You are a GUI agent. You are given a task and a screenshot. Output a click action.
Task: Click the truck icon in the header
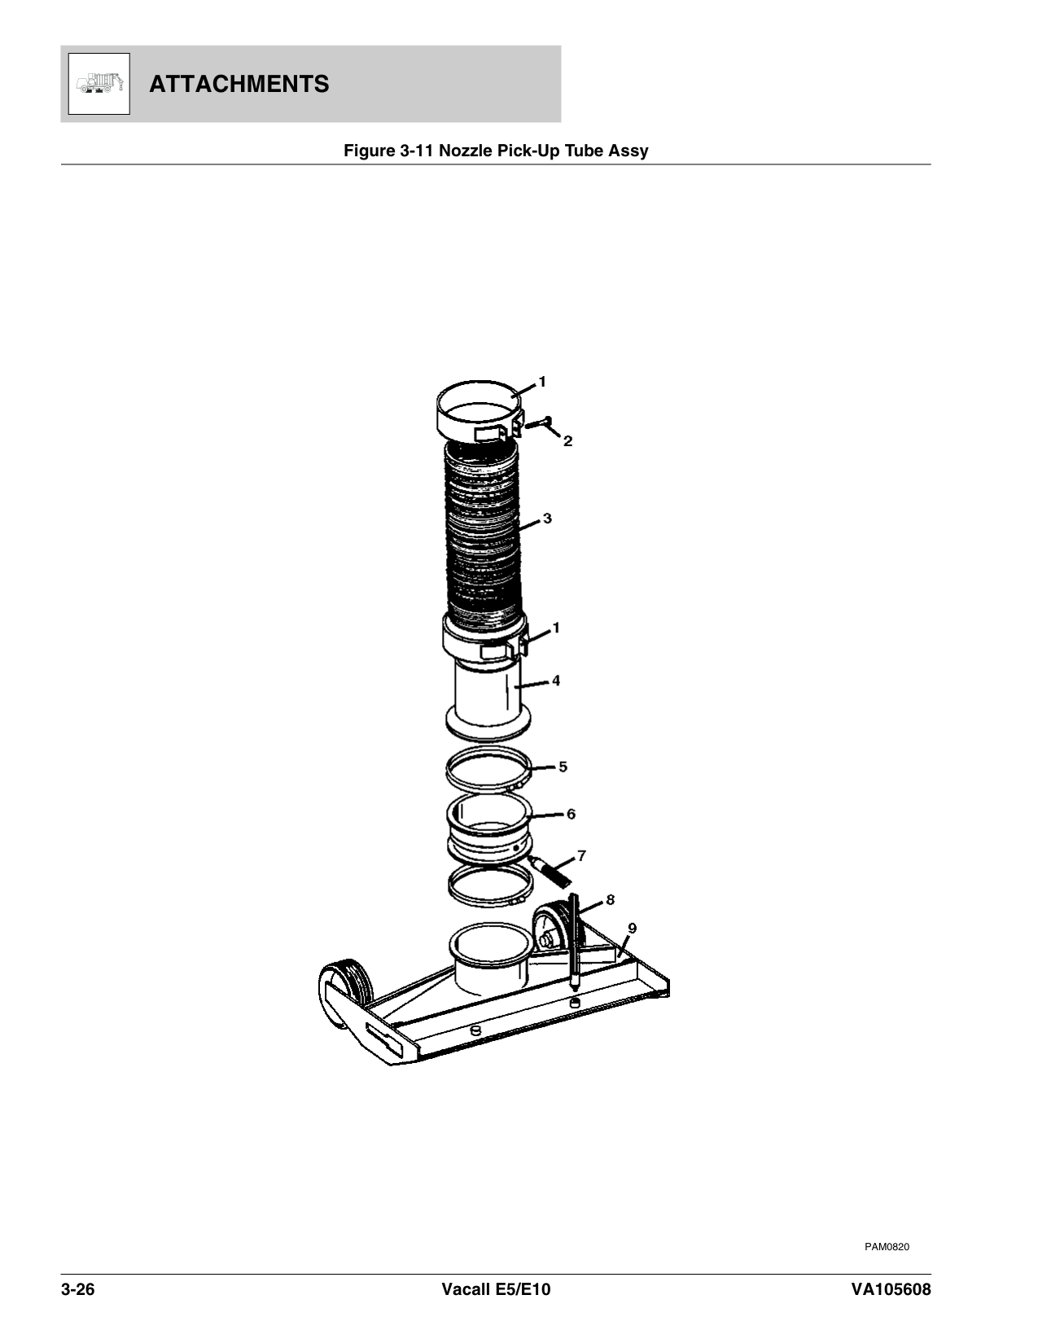click(x=99, y=84)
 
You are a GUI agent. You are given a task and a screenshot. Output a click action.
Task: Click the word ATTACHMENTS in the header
click(x=239, y=84)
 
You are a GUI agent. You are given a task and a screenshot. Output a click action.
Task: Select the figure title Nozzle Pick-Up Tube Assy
click(x=496, y=151)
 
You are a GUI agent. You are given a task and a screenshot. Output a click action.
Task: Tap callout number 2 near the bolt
click(x=567, y=441)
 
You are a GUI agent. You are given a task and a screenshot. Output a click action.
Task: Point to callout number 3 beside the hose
click(x=547, y=518)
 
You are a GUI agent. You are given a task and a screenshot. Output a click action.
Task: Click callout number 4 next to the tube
click(x=555, y=680)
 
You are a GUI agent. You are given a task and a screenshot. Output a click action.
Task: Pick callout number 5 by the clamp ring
click(x=563, y=767)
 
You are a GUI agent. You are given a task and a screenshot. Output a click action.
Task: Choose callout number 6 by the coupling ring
click(x=571, y=814)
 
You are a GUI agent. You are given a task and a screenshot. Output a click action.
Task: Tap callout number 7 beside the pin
click(x=581, y=855)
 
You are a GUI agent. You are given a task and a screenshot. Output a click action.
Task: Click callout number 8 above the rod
click(x=610, y=899)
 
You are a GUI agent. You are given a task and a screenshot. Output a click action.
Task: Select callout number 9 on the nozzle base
click(x=633, y=928)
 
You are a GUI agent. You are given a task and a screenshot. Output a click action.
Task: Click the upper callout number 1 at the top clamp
click(x=542, y=381)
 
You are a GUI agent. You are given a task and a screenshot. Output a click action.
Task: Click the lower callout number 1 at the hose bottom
click(x=556, y=628)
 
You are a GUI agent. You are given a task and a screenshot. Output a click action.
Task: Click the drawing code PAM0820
click(x=887, y=1247)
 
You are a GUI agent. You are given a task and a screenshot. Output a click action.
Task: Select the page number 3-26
click(x=78, y=1290)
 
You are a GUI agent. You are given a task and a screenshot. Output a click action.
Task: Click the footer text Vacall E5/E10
click(x=496, y=1290)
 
